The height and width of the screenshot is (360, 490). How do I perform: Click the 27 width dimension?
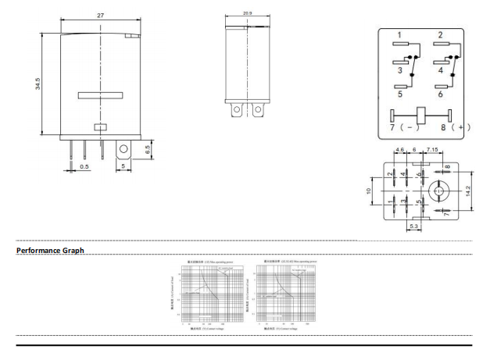[x=101, y=16]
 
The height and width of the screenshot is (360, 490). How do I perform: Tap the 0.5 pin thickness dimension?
[x=84, y=166]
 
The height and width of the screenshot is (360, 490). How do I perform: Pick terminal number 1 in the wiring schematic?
[x=399, y=35]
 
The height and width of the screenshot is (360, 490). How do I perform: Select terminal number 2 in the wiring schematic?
[x=441, y=35]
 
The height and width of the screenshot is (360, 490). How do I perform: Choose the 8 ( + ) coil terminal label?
[x=455, y=125]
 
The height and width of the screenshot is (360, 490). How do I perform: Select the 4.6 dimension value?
[x=399, y=148]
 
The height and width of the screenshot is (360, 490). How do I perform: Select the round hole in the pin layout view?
[x=438, y=190]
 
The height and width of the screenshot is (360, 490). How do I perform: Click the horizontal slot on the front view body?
[x=100, y=96]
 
